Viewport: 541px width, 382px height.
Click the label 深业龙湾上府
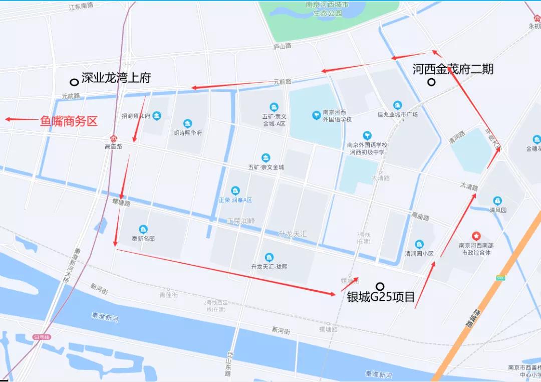[x=116, y=78]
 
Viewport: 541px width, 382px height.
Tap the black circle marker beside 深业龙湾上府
[x=74, y=82]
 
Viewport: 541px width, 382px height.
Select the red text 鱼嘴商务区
[x=69, y=121]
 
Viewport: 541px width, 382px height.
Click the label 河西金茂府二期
[x=453, y=69]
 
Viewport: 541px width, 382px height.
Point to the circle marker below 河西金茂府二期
[x=431, y=82]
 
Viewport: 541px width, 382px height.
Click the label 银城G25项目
[x=381, y=297]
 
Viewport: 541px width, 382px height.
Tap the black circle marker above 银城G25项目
[x=380, y=286]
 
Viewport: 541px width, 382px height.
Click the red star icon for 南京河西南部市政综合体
[x=475, y=235]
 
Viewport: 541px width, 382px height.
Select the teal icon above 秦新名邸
[x=143, y=229]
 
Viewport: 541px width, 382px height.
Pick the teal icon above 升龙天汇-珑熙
[x=269, y=257]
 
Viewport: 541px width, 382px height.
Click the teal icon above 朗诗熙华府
[x=187, y=123]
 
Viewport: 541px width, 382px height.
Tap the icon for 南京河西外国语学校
[x=317, y=115]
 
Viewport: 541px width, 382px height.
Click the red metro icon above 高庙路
[x=114, y=138]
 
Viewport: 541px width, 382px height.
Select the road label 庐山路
[x=283, y=46]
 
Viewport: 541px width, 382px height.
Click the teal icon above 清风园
[x=497, y=201]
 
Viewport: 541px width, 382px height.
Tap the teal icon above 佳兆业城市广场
[x=397, y=105]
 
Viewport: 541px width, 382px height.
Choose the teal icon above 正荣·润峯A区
[x=235, y=190]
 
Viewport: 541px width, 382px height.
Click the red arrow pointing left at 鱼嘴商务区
[x=21, y=119]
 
